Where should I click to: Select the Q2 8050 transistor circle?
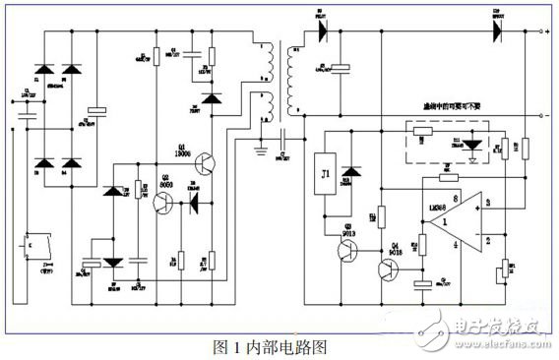[x=164, y=203]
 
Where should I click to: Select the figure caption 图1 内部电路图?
[x=269, y=347]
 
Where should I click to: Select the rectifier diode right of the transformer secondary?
[x=321, y=30]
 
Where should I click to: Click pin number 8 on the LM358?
[x=428, y=199]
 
